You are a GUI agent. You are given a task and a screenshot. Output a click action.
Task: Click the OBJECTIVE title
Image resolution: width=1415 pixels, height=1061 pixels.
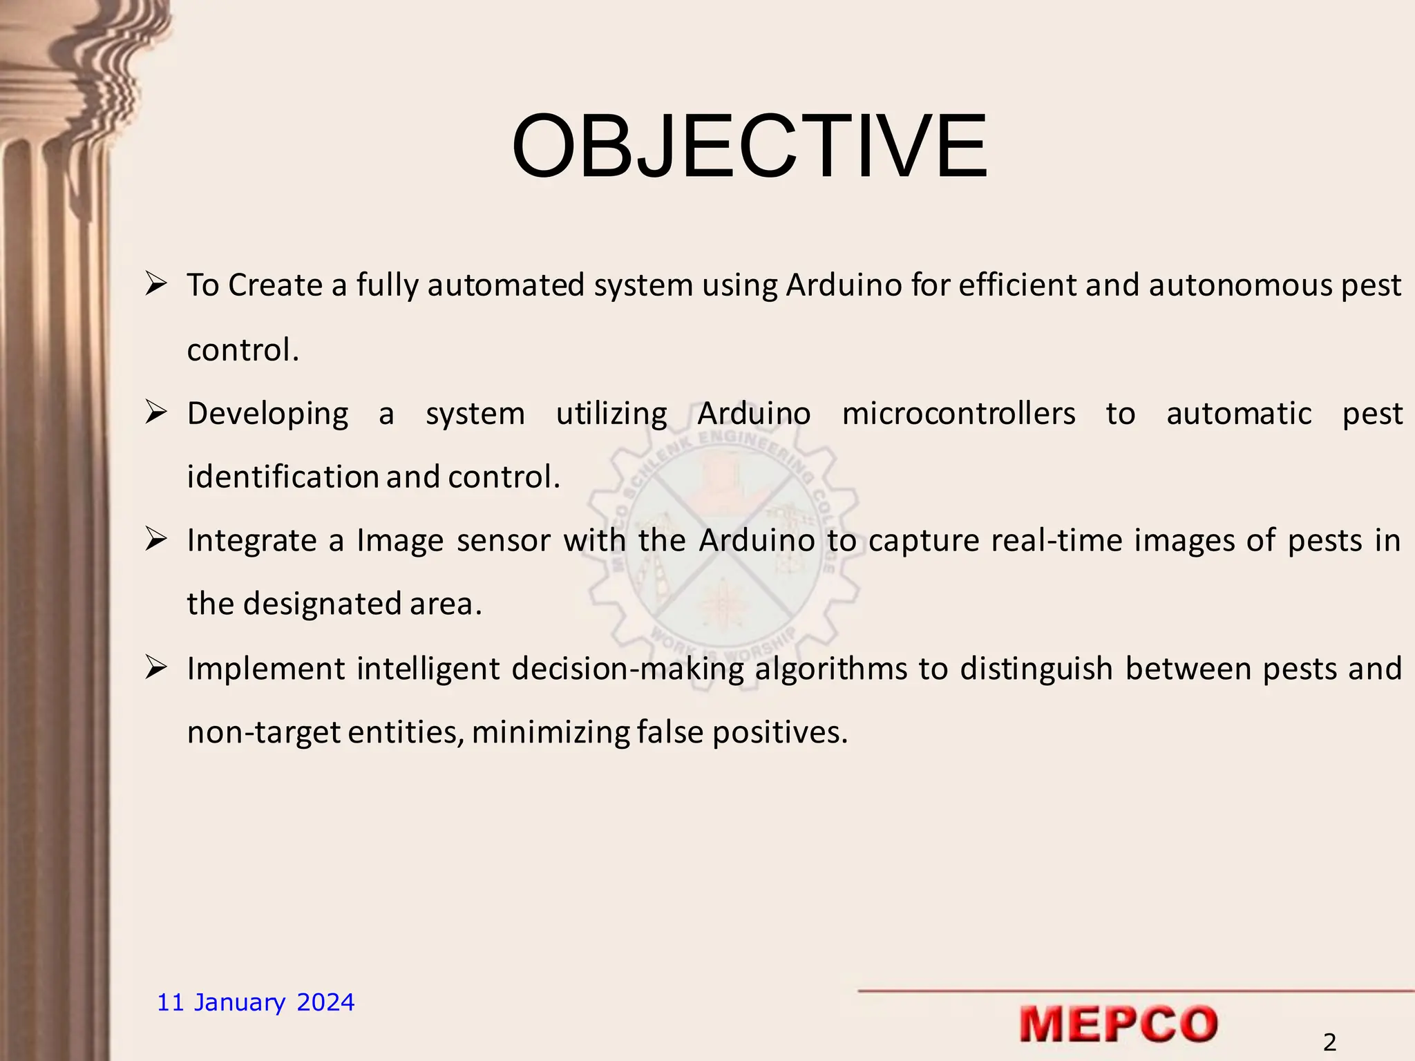(749, 147)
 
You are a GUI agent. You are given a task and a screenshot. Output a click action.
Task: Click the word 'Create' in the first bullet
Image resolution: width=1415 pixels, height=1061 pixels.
(276, 285)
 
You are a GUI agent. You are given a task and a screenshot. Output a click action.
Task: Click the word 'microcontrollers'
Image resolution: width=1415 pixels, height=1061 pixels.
(958, 414)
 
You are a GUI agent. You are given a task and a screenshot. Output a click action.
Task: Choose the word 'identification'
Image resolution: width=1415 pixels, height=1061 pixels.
(283, 477)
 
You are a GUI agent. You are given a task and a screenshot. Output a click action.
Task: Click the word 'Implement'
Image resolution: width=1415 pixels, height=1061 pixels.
(265, 669)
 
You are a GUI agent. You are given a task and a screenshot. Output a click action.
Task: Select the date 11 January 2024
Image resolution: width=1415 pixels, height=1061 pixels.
(256, 1002)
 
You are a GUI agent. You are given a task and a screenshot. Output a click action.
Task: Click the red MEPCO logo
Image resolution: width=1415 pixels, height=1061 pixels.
(1118, 1024)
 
